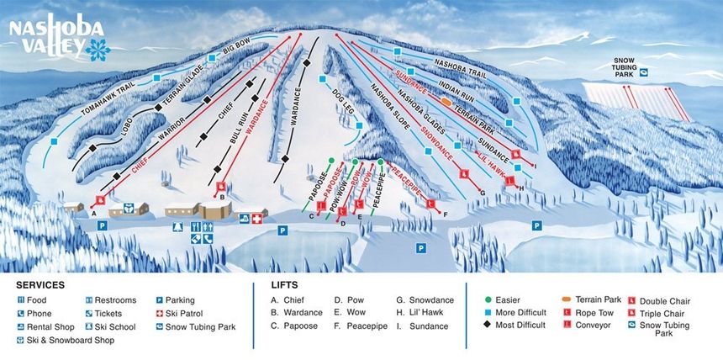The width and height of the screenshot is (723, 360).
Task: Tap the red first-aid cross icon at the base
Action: click(x=257, y=219)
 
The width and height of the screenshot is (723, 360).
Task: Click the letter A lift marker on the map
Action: click(x=84, y=213)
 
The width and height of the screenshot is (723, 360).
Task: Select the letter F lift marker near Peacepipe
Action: click(x=445, y=215)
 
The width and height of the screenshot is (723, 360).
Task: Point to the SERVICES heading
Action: click(x=40, y=285)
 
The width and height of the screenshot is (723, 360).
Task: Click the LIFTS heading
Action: click(x=284, y=285)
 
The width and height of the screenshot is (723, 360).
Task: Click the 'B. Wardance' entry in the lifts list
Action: click(x=298, y=314)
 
